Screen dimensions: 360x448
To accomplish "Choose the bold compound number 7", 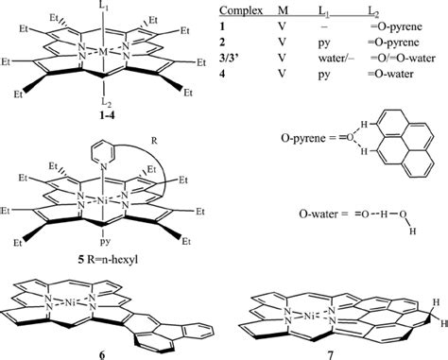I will (x=330, y=351).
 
